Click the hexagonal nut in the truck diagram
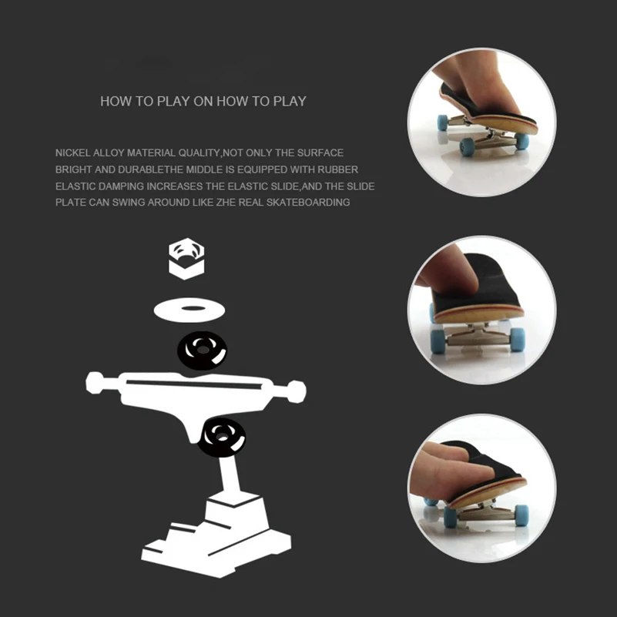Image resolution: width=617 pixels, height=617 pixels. pyautogui.click(x=186, y=259)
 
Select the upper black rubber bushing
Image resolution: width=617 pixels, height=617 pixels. pyautogui.click(x=202, y=350)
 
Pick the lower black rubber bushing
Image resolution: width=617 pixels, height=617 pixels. pyautogui.click(x=222, y=438)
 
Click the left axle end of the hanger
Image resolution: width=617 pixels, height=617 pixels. pyautogui.click(x=95, y=383)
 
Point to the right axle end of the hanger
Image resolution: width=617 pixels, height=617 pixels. pyautogui.click(x=297, y=391)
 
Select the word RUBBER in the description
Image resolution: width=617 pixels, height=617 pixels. pyautogui.click(x=337, y=169)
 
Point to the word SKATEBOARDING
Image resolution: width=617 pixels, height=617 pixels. pyautogui.click(x=308, y=203)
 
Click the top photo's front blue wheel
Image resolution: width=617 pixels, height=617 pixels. pyautogui.click(x=468, y=146)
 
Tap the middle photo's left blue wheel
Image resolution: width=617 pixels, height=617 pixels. pyautogui.click(x=438, y=340)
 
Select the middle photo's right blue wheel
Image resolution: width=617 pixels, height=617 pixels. pyautogui.click(x=518, y=339)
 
